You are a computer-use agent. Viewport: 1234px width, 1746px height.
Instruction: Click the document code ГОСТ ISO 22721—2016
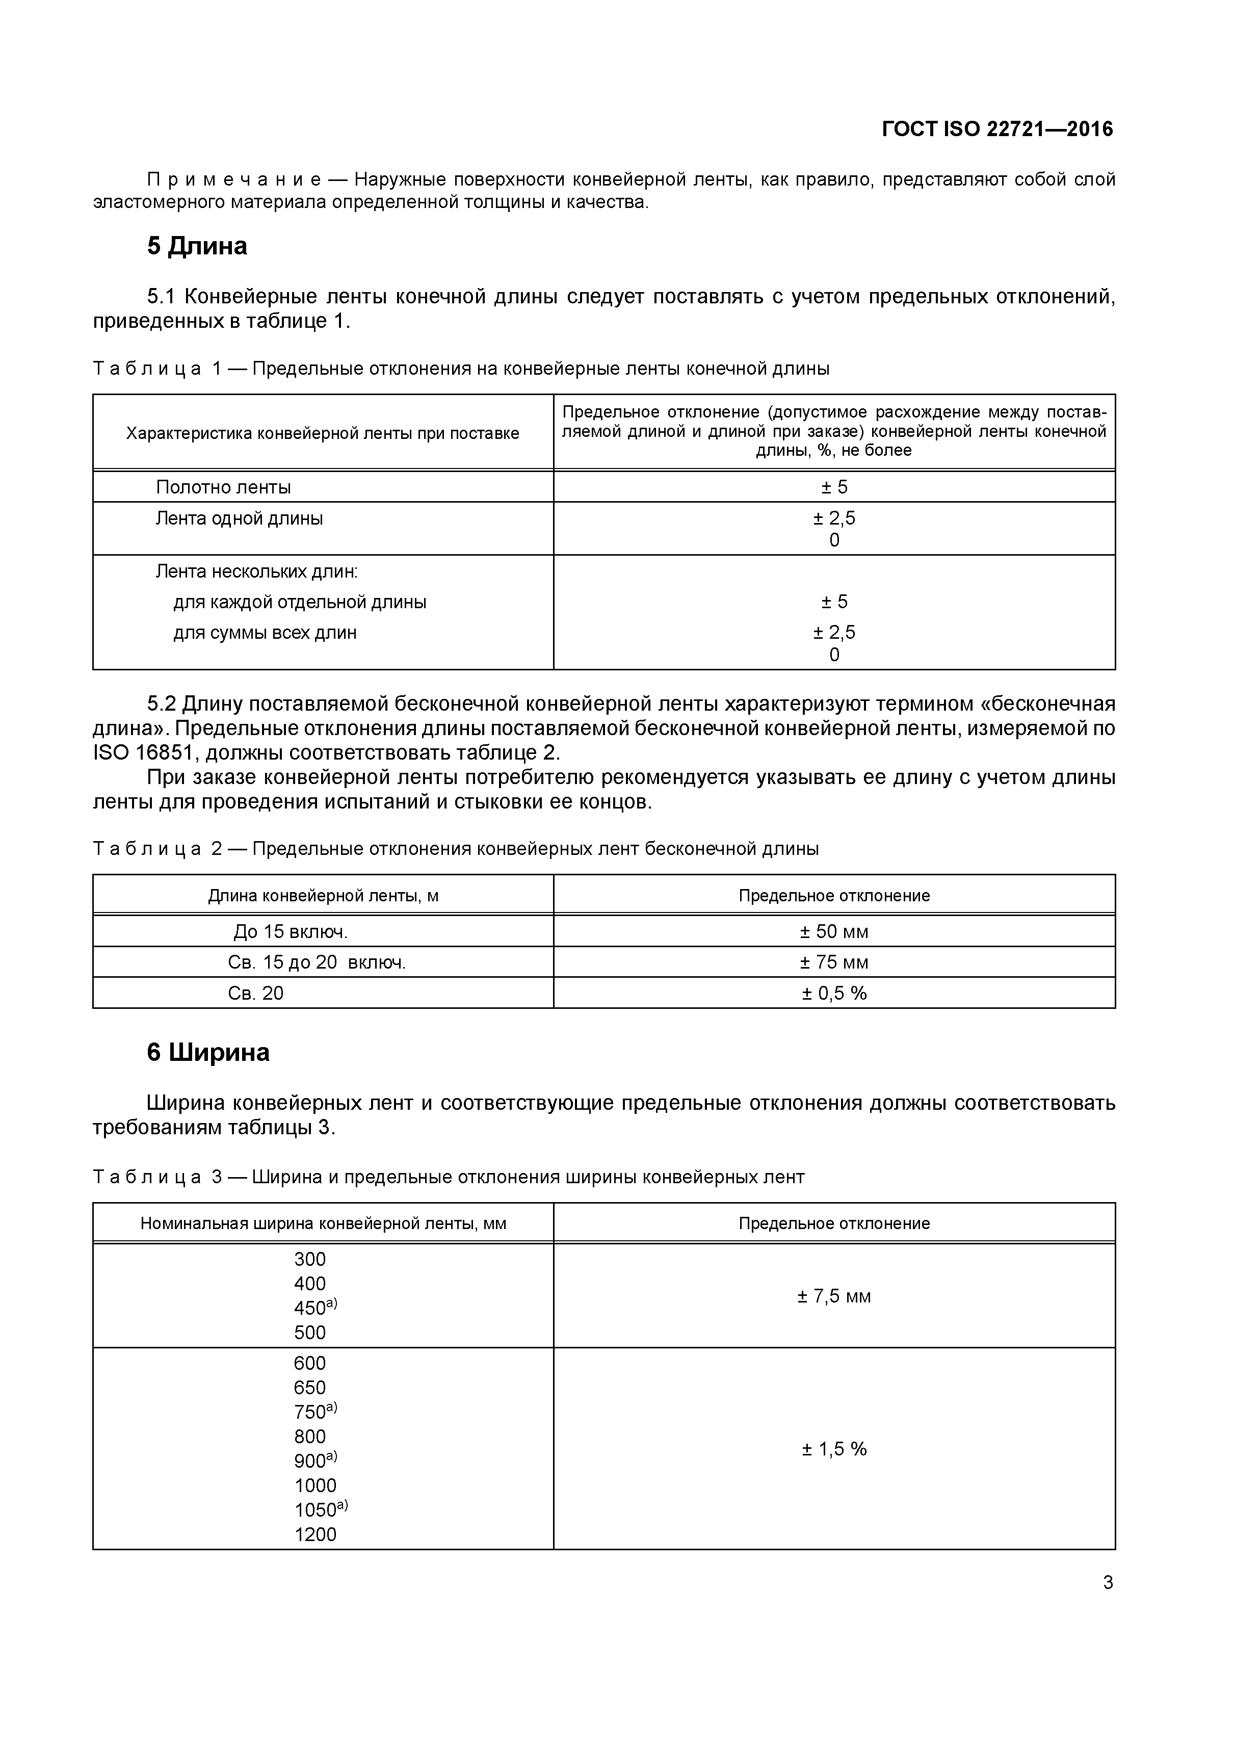(997, 129)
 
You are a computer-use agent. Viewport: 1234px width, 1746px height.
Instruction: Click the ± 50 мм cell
(833, 931)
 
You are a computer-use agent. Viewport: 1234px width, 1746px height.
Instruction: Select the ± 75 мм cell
(833, 963)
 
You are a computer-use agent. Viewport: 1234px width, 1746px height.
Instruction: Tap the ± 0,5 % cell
(833, 993)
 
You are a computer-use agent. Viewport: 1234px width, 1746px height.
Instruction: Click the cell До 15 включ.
(291, 931)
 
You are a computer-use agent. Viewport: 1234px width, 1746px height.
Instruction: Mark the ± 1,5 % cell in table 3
(833, 1449)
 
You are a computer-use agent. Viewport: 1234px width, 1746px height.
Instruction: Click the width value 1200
(315, 1534)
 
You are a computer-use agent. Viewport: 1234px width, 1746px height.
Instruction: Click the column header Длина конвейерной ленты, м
(323, 896)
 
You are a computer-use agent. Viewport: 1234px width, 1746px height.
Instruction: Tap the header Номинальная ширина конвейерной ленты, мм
(323, 1223)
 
